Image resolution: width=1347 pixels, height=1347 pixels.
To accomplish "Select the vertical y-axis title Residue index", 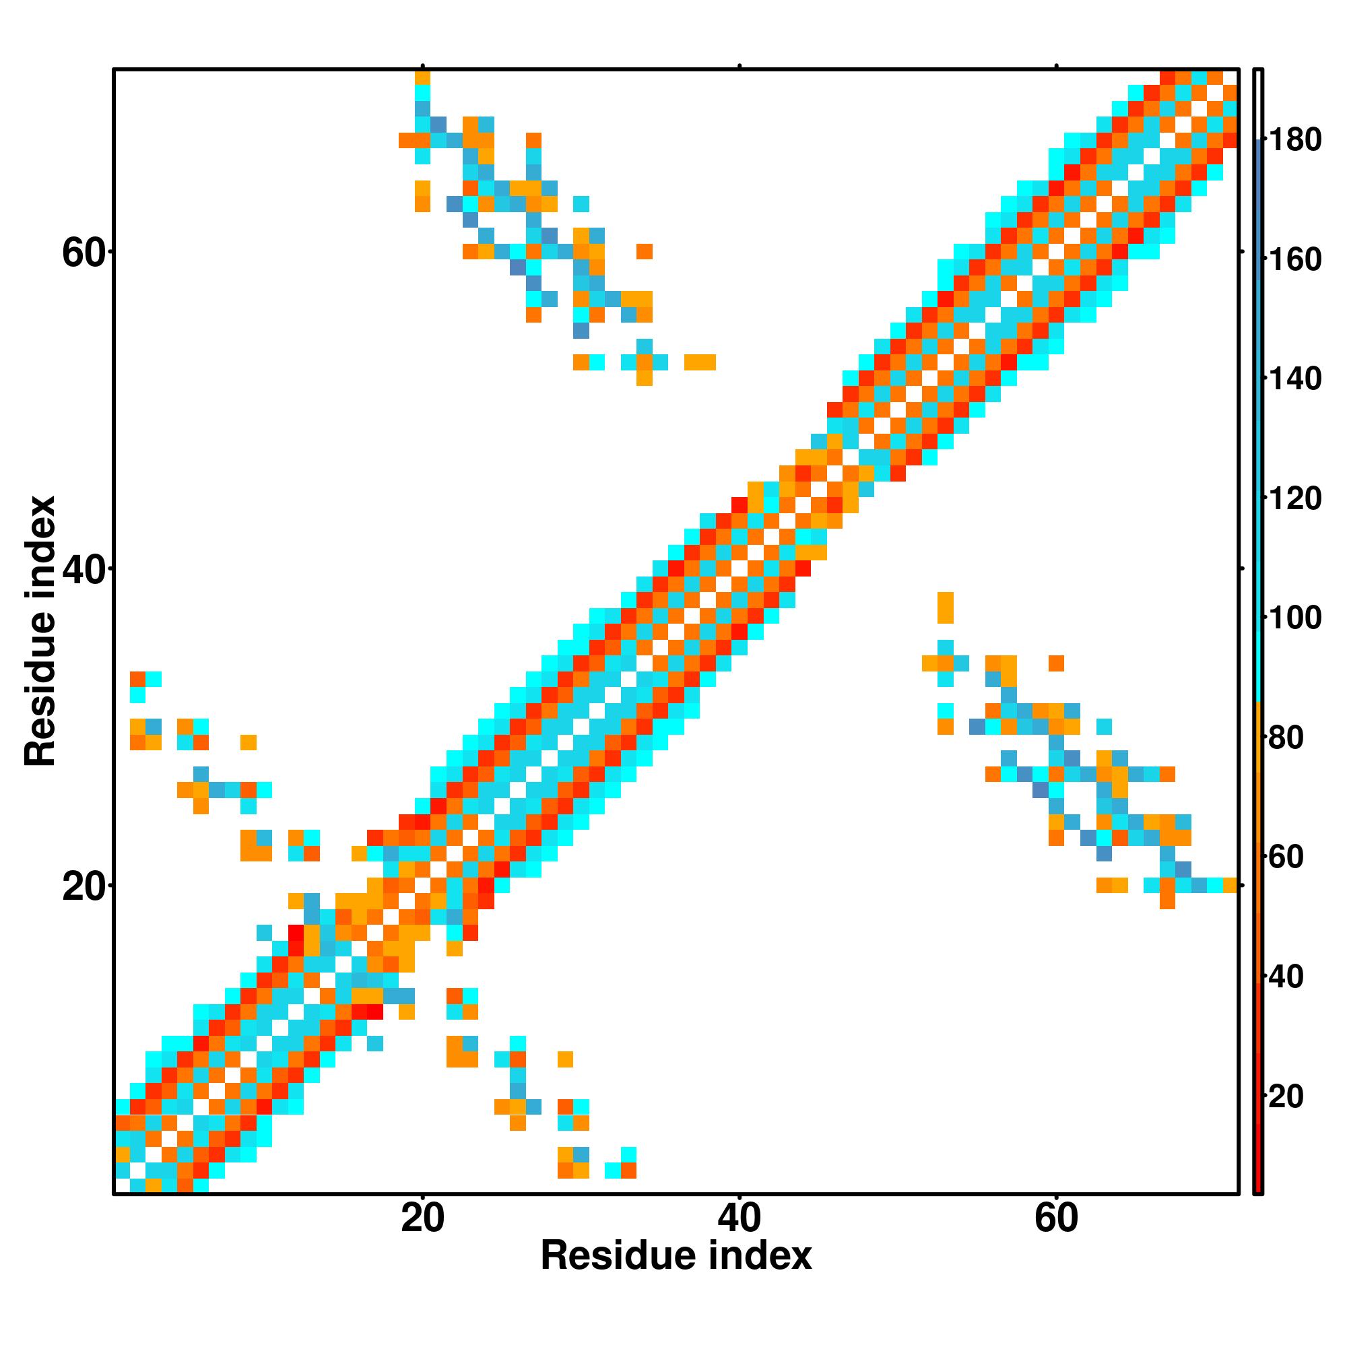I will click(40, 632).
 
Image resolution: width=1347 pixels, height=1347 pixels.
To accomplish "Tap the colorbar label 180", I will click(1294, 141).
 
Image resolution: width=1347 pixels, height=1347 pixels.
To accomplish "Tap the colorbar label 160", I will click(1294, 260).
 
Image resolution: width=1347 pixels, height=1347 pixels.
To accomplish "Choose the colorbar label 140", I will click(1294, 379).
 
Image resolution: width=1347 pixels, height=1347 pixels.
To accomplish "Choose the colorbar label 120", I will click(1294, 499).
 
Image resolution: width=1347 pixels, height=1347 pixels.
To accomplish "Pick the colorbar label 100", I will click(1294, 618).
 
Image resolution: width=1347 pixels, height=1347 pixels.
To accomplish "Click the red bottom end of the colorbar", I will click(1257, 1178).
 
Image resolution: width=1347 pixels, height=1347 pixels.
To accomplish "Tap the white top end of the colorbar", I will click(1257, 104).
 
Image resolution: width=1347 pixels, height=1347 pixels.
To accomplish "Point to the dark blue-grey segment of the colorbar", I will click(1257, 181).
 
